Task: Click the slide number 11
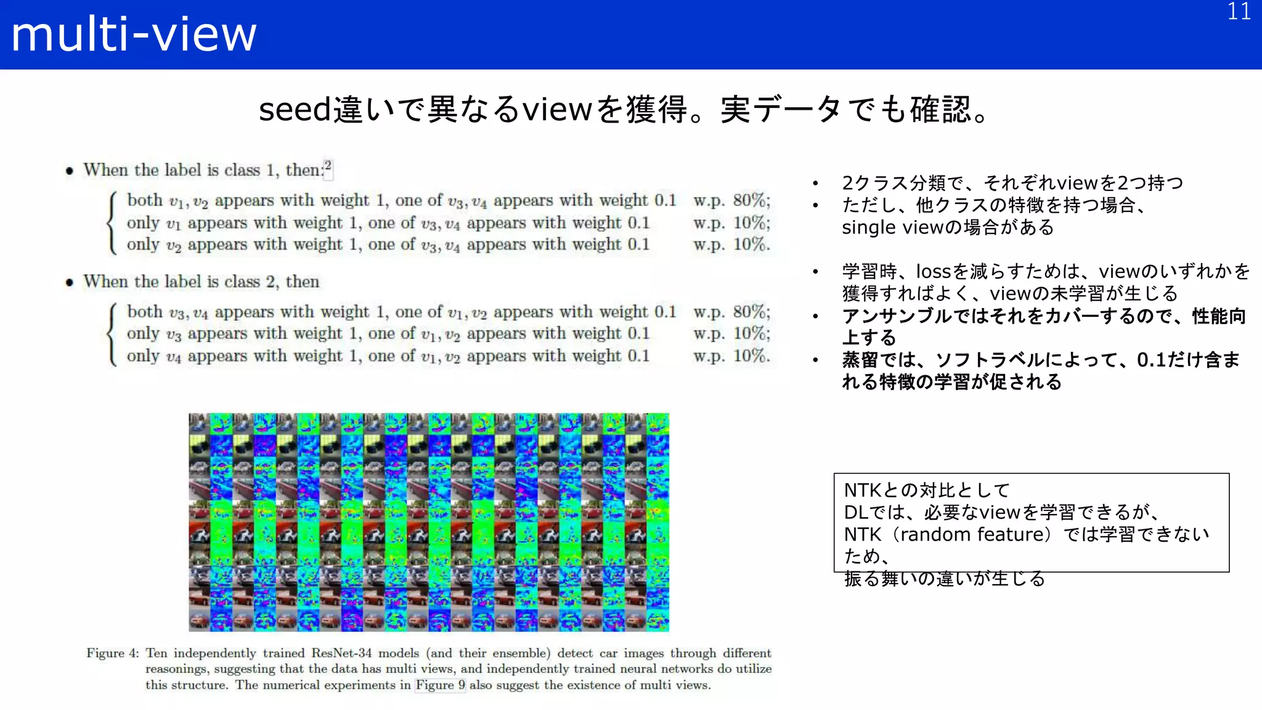point(1239,12)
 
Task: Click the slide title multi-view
point(134,35)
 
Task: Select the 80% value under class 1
point(751,200)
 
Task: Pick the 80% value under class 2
point(751,312)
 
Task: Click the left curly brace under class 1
point(112,222)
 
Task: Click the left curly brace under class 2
point(112,334)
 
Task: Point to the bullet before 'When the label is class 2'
point(70,283)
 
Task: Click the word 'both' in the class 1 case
point(145,200)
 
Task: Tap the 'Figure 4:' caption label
point(113,653)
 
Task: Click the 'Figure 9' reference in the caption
point(440,685)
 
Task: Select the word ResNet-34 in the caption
point(341,653)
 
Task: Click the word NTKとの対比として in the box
point(927,491)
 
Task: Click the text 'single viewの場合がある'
point(948,227)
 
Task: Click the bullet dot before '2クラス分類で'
point(815,184)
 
